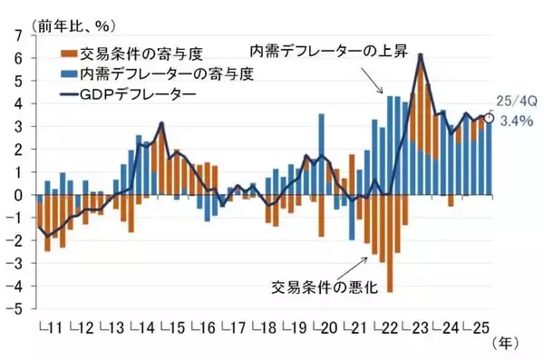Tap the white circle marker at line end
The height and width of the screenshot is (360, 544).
click(490, 117)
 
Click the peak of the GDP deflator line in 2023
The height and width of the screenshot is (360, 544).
click(421, 55)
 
